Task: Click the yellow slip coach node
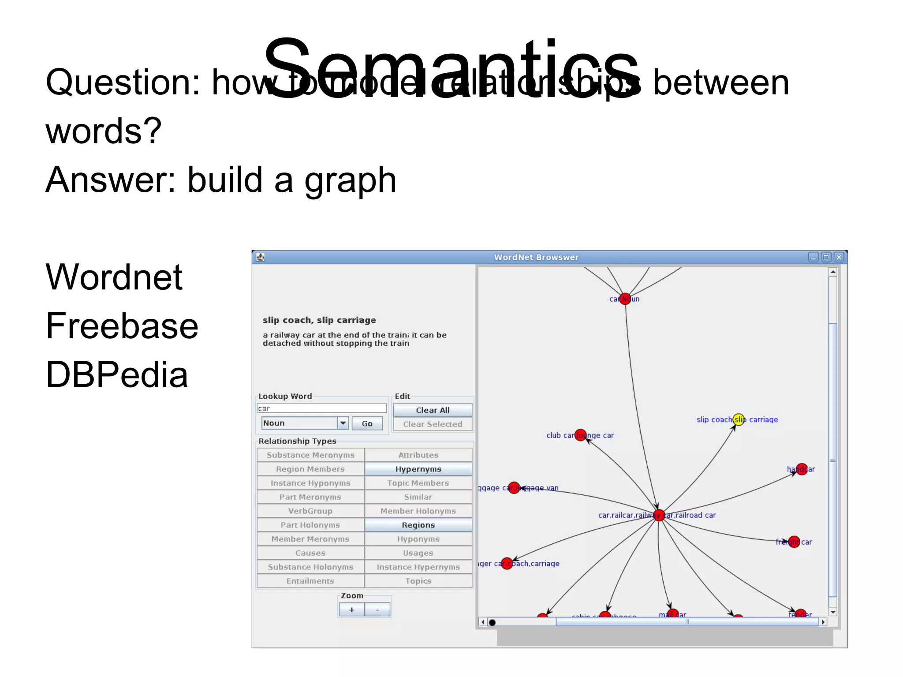(739, 419)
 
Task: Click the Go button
(367, 423)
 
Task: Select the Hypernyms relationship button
(418, 469)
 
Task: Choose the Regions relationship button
(418, 525)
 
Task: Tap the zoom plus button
(351, 610)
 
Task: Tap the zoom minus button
(377, 610)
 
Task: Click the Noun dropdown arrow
(343, 423)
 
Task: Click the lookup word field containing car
(322, 408)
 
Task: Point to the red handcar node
(802, 469)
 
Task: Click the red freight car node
(794, 542)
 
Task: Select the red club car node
(581, 435)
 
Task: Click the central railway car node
(659, 515)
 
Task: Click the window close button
(839, 257)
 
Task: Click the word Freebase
(122, 326)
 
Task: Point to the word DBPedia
(117, 375)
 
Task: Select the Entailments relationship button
(310, 581)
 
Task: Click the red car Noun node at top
(625, 299)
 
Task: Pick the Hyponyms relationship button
(418, 539)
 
